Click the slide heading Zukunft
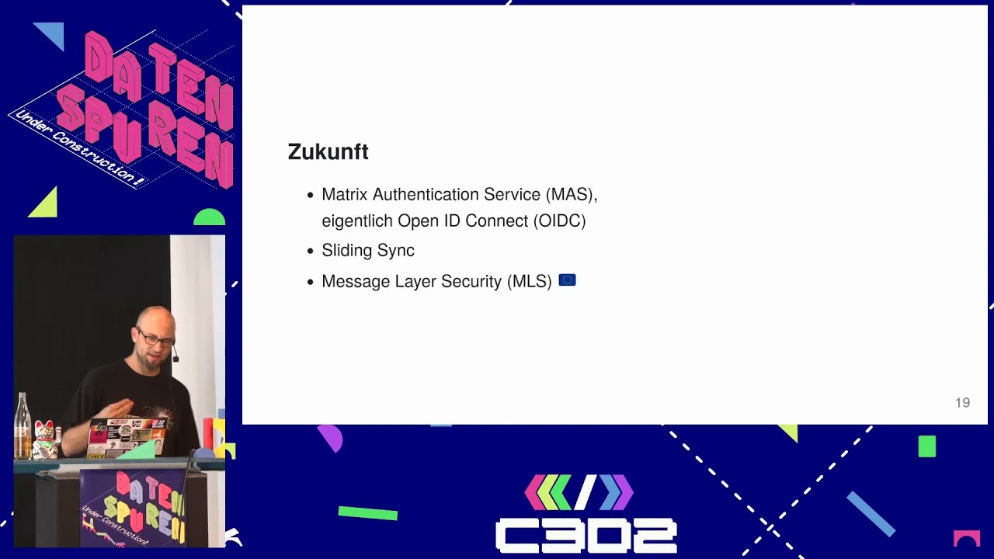click(x=328, y=152)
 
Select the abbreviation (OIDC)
click(x=559, y=220)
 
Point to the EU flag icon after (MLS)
click(x=567, y=280)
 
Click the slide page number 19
click(x=962, y=402)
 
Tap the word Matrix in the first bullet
click(x=345, y=194)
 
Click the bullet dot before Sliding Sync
click(x=311, y=252)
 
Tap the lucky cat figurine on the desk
click(x=44, y=439)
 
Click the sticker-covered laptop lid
click(x=126, y=436)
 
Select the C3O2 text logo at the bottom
click(x=586, y=536)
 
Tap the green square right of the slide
click(x=926, y=446)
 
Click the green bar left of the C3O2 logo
click(x=367, y=512)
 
